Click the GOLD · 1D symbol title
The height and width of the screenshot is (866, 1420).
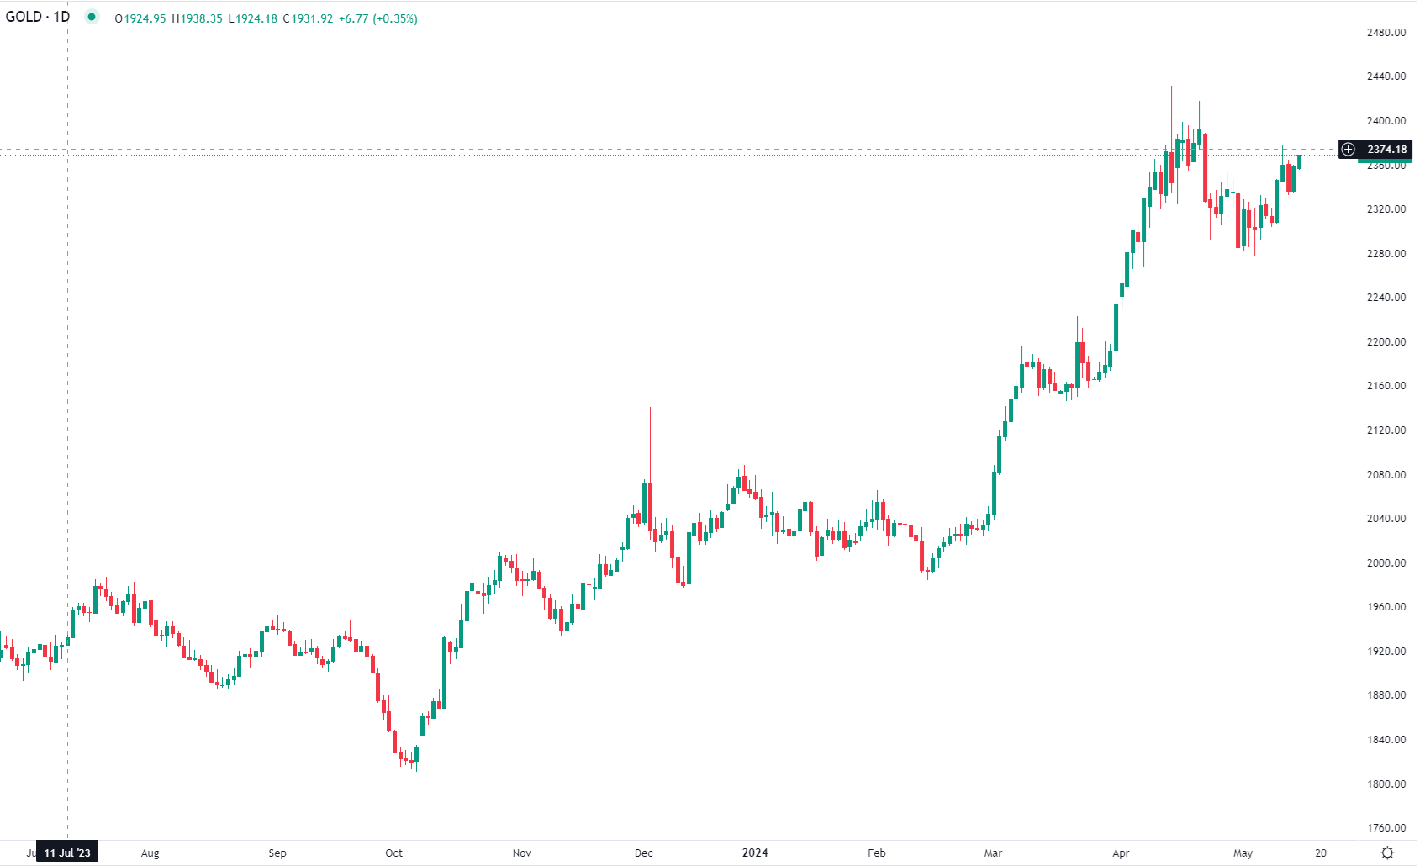[38, 17]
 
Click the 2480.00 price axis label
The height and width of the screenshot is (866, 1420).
[1386, 32]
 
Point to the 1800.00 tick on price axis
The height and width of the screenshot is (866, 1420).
[1386, 784]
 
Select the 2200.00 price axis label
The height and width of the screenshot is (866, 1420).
[1386, 341]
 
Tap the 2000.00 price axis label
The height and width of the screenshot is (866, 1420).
[1386, 562]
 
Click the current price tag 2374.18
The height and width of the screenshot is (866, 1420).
[1386, 150]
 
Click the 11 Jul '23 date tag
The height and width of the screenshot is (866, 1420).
[67, 853]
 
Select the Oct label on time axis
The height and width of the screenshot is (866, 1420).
[393, 853]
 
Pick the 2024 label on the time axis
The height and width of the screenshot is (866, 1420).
[754, 853]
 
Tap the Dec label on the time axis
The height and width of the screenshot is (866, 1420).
[643, 853]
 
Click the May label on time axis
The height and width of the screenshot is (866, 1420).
[1242, 853]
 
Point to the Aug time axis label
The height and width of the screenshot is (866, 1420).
[150, 853]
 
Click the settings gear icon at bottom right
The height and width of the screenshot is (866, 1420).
[1387, 853]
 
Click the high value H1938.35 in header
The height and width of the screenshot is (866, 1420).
[198, 18]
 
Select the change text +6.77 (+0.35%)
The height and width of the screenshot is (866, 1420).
[377, 18]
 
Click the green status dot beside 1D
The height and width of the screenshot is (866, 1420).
[92, 17]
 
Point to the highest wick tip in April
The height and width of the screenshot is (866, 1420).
[1171, 87]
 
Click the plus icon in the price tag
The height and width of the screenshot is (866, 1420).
[1349, 150]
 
